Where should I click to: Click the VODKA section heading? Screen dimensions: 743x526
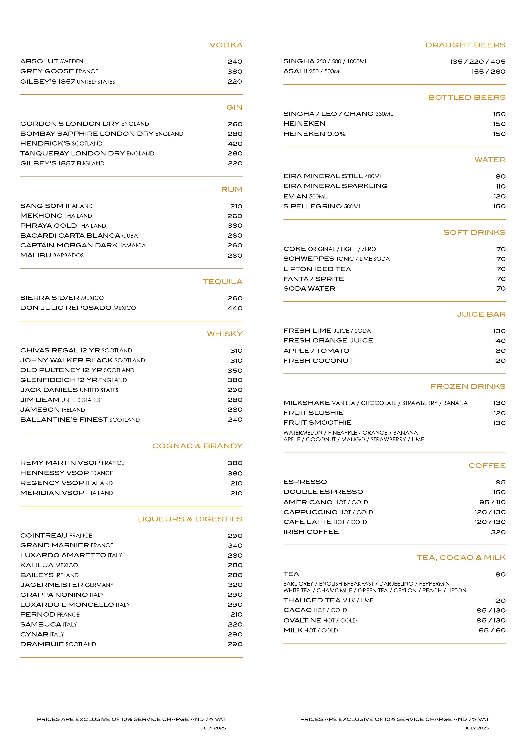click(226, 45)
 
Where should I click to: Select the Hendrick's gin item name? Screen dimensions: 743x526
click(45, 143)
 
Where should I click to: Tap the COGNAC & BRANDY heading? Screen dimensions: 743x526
click(197, 446)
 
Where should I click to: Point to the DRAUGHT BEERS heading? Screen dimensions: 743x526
click(465, 45)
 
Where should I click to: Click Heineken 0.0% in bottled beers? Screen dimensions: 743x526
click(314, 134)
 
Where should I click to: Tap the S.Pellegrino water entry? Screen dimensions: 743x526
click(313, 206)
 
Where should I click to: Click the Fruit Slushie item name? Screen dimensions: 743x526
click(313, 413)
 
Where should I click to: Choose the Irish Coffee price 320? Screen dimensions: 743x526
click(498, 532)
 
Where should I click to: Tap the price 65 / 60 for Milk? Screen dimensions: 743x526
click(492, 630)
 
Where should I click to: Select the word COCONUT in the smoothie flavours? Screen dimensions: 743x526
click(321, 439)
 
